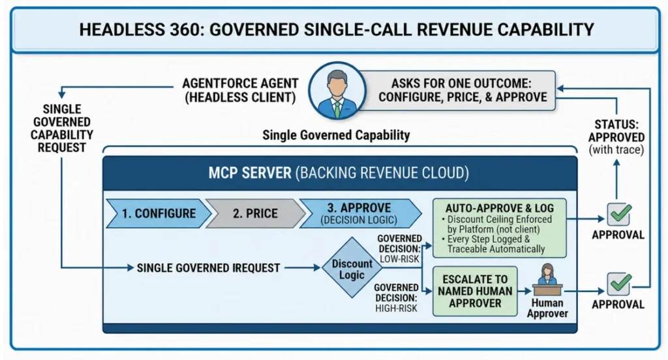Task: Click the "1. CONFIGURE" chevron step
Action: point(159,213)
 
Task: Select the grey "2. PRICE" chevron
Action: point(255,213)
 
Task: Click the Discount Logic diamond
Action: point(352,268)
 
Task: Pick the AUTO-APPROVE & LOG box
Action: point(499,228)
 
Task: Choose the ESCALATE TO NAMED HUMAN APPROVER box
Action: point(475,292)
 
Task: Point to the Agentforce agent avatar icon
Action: point(337,91)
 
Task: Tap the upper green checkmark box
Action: point(619,215)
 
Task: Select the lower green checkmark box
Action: point(619,284)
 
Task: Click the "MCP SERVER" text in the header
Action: point(250,173)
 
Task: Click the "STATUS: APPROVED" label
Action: point(616,131)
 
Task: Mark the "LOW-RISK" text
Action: point(400,259)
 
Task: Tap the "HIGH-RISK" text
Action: point(396,308)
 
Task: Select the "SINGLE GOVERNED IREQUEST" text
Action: point(208,268)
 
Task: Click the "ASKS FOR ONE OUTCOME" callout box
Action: point(463,90)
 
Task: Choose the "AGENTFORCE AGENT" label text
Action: point(240,83)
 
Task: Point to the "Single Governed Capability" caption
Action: point(336,135)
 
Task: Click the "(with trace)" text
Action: point(616,150)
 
